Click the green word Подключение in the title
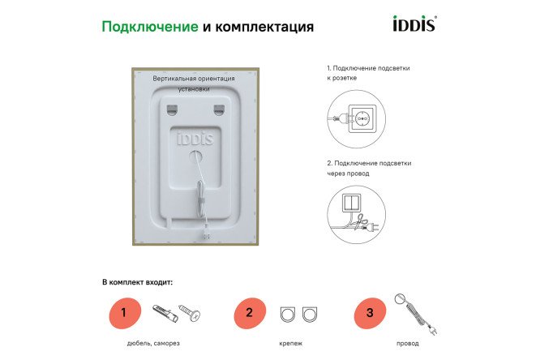pyautogui.click(x=149, y=27)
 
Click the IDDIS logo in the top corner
pyautogui.click(x=414, y=24)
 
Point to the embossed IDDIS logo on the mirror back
pyautogui.click(x=195, y=138)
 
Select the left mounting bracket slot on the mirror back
pyautogui.click(x=171, y=107)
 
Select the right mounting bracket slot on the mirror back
pyautogui.click(x=218, y=107)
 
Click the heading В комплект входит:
pyautogui.click(x=138, y=283)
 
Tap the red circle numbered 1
pyautogui.click(x=124, y=312)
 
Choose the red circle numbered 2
pyautogui.click(x=250, y=312)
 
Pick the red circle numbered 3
pyautogui.click(x=370, y=312)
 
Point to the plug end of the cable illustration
pyautogui.click(x=431, y=330)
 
